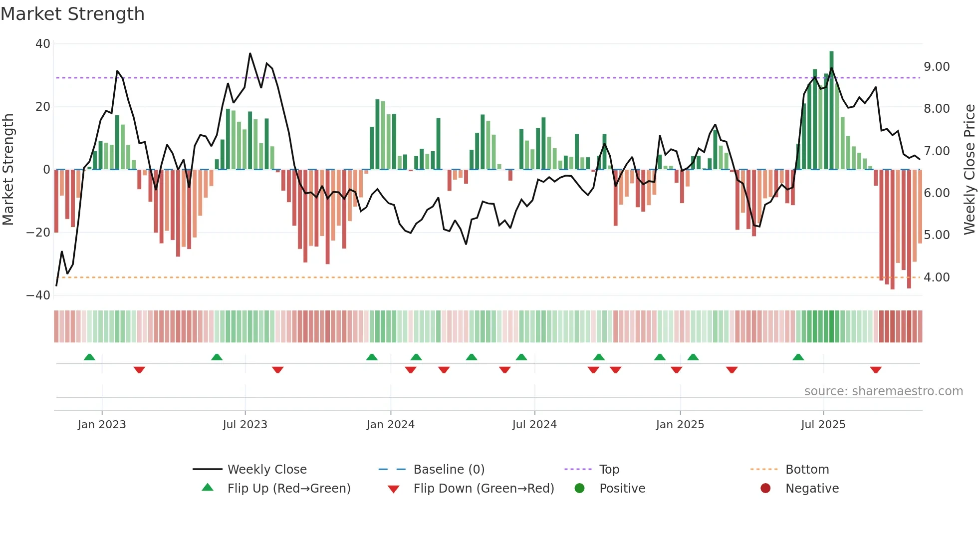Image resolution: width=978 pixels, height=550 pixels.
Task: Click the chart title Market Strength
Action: pyautogui.click(x=72, y=14)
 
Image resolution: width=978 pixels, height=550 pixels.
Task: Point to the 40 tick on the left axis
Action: pyautogui.click(x=43, y=44)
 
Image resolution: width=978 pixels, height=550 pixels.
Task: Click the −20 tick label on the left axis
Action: pyautogui.click(x=38, y=233)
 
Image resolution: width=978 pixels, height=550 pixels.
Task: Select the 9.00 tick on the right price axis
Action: pyautogui.click(x=937, y=67)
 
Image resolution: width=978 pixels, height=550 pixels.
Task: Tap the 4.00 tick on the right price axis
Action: pyautogui.click(x=937, y=277)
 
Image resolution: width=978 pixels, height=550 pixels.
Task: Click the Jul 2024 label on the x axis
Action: pyautogui.click(x=534, y=425)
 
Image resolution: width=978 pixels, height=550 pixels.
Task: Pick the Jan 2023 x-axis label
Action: pyautogui.click(x=102, y=425)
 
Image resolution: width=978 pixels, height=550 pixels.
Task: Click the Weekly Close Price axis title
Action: pyautogui.click(x=969, y=170)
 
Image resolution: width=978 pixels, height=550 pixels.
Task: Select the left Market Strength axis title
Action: pyautogui.click(x=8, y=170)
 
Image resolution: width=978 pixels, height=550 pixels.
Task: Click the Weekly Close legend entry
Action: pyautogui.click(x=266, y=470)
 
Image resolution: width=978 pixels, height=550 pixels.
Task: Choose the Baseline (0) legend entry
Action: pyautogui.click(x=449, y=470)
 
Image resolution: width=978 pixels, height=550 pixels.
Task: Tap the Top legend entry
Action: pyautogui.click(x=609, y=470)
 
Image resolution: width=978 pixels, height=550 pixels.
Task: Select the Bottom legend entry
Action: pyautogui.click(x=807, y=470)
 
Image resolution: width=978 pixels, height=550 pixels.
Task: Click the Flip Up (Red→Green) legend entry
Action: pyautogui.click(x=288, y=489)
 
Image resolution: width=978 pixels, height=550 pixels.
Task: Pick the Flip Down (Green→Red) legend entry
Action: pyautogui.click(x=484, y=489)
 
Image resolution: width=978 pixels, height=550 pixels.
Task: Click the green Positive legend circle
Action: pyautogui.click(x=579, y=489)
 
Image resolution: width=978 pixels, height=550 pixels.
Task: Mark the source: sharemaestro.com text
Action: pyautogui.click(x=883, y=391)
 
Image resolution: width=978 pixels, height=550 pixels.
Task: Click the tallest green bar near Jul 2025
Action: pyautogui.click(x=831, y=110)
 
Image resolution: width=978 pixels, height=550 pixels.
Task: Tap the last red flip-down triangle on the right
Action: pyautogui.click(x=876, y=370)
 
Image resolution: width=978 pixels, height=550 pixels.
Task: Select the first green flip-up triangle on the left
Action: pyautogui.click(x=89, y=357)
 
